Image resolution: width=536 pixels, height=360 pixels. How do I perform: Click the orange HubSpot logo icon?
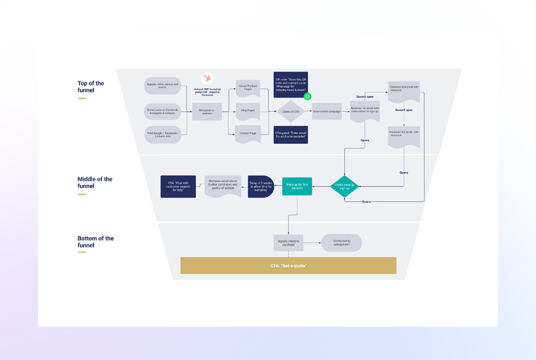point(207,79)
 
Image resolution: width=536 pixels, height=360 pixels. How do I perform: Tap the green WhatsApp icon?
point(308,96)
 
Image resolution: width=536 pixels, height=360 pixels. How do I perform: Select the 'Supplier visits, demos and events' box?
point(162,86)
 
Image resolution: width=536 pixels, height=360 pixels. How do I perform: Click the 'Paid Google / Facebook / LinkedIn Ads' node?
point(162,134)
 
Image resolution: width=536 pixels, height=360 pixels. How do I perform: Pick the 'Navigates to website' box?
point(207,111)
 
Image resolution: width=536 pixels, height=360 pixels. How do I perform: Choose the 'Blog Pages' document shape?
point(248,110)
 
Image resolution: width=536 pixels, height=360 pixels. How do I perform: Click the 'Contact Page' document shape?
point(248,134)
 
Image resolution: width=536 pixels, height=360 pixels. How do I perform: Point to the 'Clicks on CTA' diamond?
point(291,111)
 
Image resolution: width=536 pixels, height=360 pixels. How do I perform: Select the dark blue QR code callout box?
point(291,84)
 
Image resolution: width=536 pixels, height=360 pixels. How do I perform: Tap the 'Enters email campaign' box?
point(326,111)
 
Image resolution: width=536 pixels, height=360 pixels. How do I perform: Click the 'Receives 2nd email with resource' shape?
point(404,89)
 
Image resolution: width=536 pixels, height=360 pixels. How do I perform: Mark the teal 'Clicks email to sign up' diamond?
point(345,186)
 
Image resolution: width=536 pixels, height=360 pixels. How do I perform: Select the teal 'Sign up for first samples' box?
point(297,186)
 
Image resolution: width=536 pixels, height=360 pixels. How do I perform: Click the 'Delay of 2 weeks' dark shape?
point(261,186)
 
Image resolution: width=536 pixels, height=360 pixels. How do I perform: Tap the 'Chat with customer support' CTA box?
point(178,186)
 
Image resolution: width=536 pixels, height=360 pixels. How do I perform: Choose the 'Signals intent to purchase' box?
point(288,243)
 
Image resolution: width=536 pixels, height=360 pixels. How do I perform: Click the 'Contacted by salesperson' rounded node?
point(341,243)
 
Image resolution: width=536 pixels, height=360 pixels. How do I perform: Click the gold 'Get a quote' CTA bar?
point(288,266)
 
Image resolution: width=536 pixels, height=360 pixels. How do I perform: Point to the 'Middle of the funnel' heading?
point(95,183)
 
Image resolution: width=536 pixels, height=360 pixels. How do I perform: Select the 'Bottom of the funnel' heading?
point(95,242)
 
